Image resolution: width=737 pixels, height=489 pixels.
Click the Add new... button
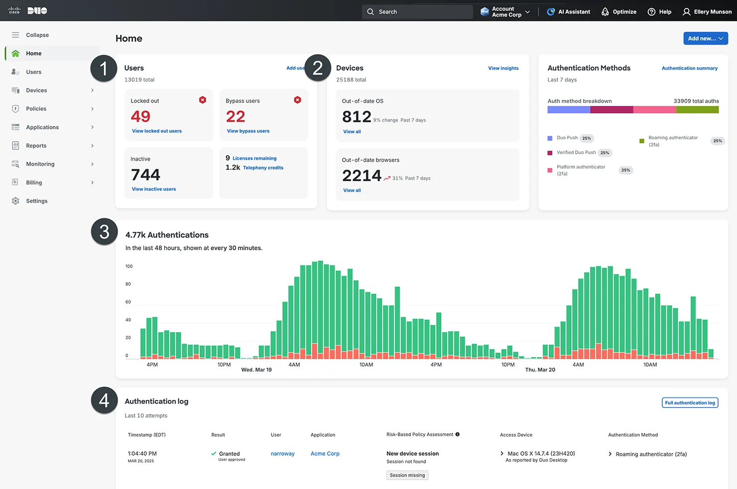pyautogui.click(x=705, y=38)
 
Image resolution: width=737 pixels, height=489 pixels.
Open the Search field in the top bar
pyautogui.click(x=417, y=12)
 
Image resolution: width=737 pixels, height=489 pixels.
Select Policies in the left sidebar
pyautogui.click(x=36, y=109)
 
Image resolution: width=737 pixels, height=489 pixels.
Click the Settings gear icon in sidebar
pyautogui.click(x=15, y=201)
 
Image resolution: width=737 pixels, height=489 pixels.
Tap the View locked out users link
pyautogui.click(x=157, y=131)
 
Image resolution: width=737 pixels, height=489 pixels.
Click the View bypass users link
pyautogui.click(x=248, y=131)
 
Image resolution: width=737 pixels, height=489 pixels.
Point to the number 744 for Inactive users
pyautogui.click(x=145, y=175)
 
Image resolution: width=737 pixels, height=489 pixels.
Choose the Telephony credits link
pyautogui.click(x=263, y=168)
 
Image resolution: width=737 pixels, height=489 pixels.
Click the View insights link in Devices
pyautogui.click(x=503, y=69)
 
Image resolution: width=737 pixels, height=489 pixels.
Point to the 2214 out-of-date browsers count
pyautogui.click(x=362, y=176)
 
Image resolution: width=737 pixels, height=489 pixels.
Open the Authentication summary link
pyautogui.click(x=689, y=69)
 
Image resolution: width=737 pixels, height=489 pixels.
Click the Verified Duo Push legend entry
pyautogui.click(x=576, y=153)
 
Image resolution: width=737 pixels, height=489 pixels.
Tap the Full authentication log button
pyautogui.click(x=690, y=403)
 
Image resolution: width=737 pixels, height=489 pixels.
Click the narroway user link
pyautogui.click(x=282, y=454)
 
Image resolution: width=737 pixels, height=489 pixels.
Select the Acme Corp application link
pyautogui.click(x=325, y=454)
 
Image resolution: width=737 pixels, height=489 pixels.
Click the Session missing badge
pyautogui.click(x=407, y=475)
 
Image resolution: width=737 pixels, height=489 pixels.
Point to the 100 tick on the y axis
pyautogui.click(x=129, y=267)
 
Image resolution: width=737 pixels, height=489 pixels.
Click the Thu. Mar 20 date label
pyautogui.click(x=540, y=370)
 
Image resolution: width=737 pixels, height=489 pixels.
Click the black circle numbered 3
pyautogui.click(x=104, y=232)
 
